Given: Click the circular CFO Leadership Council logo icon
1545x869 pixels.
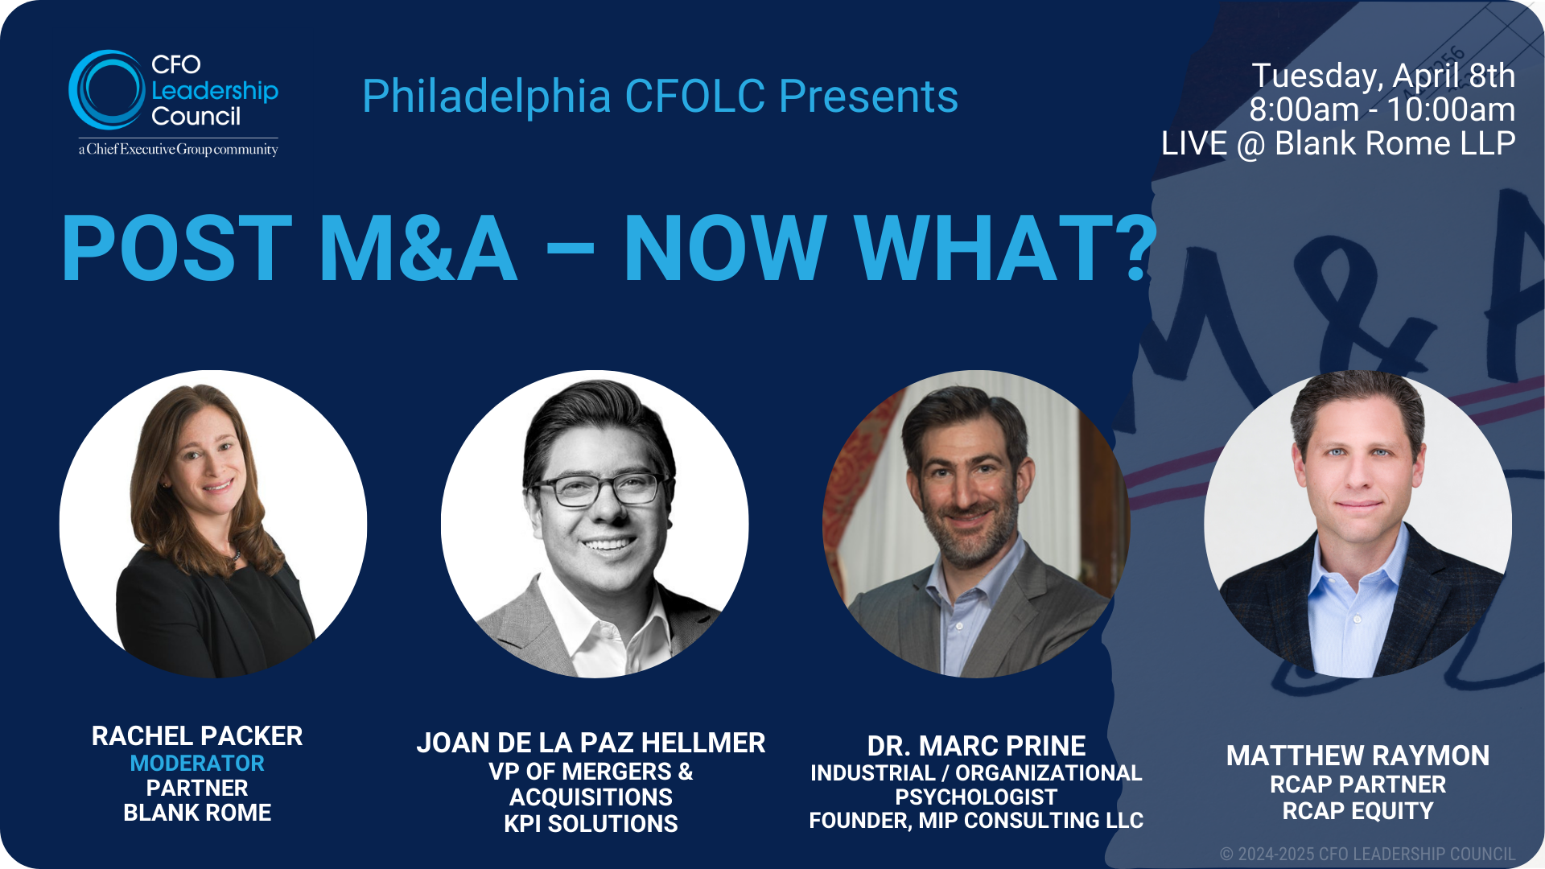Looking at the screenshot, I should coord(107,90).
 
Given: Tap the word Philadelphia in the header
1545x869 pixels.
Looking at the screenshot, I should coord(486,97).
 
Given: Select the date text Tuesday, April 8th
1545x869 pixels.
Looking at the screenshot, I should coord(1383,76).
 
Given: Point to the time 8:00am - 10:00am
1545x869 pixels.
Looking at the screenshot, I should coord(1382,109).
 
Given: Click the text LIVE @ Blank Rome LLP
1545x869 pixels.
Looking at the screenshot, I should coord(1338,144).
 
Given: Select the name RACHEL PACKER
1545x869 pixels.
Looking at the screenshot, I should coord(197,735).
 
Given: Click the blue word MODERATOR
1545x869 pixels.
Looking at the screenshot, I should coord(197,763).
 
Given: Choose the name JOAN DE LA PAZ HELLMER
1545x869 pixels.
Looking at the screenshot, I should coord(591,742).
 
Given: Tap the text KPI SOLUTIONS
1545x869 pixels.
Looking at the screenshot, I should coord(591,823).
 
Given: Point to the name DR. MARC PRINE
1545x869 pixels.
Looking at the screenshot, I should coord(976,746).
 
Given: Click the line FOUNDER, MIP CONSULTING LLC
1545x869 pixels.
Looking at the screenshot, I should coord(976,820).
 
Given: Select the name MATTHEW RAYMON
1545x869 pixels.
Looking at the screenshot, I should coord(1358,756).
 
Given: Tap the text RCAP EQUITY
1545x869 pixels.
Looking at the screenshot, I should coord(1358,810).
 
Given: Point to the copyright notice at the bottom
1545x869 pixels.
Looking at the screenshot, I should coord(1367,854).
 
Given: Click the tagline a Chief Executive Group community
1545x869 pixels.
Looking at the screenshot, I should coord(178,150).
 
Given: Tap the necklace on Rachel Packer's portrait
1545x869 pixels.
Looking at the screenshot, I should coord(233,555).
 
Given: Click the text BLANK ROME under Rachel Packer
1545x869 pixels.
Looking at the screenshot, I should coord(197,813).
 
